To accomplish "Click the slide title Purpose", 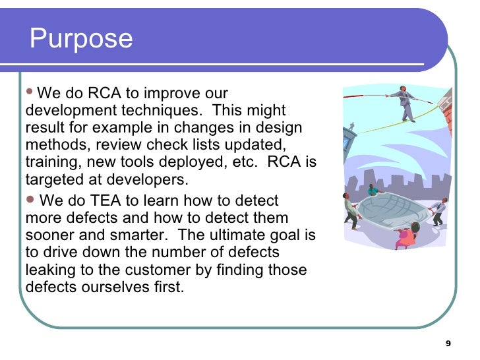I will [81, 39].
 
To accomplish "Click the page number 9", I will [448, 344].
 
